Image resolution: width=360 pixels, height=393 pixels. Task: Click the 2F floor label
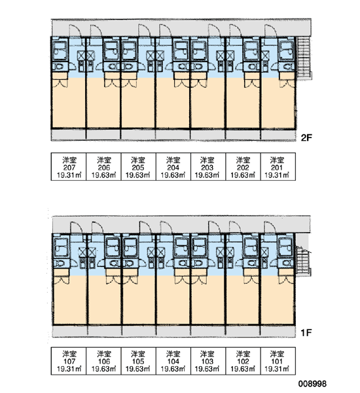click(306, 138)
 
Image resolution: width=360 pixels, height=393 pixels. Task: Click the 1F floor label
click(306, 333)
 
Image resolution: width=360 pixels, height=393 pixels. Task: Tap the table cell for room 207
click(69, 166)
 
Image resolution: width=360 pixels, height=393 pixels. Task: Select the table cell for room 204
click(173, 166)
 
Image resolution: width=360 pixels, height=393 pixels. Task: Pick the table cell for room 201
click(278, 166)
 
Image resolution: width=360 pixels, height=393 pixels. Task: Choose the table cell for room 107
click(69, 361)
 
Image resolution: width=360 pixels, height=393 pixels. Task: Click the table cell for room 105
click(139, 361)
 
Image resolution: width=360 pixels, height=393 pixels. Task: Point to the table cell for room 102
click(243, 361)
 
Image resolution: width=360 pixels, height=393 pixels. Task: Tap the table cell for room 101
click(278, 361)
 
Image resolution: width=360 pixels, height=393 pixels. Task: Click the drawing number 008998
click(312, 383)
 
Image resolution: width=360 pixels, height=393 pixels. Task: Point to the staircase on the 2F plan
click(304, 58)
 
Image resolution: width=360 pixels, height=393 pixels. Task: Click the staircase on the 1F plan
click(304, 261)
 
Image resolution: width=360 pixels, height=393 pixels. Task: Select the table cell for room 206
click(103, 166)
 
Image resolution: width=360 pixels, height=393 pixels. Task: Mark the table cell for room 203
click(208, 166)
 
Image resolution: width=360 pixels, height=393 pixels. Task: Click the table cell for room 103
click(208, 361)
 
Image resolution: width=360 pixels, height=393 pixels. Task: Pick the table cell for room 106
click(103, 361)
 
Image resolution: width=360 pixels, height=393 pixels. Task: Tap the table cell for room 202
click(243, 166)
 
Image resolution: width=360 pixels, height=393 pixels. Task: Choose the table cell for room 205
click(139, 166)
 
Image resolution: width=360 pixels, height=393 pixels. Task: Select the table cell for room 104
click(173, 361)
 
